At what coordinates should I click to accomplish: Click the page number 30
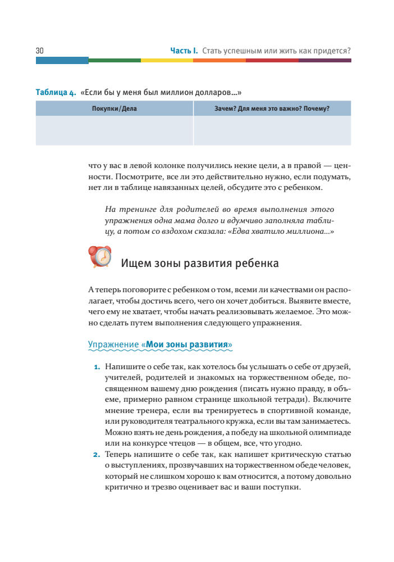coord(40,51)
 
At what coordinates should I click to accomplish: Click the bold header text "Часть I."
coord(184,51)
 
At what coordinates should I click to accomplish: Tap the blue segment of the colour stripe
coord(62,60)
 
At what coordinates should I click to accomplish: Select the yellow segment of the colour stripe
coord(167,60)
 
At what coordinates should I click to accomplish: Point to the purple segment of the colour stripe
coord(324,60)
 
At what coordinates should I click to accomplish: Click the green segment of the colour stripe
coord(114,60)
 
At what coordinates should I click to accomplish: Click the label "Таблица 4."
coord(56,92)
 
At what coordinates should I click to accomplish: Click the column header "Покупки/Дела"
coord(114,108)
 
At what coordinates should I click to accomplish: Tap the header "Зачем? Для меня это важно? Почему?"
coord(272,108)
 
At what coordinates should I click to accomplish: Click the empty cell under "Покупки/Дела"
coord(114,130)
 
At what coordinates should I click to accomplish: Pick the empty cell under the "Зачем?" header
coord(272,130)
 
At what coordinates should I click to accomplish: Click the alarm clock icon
coord(100,257)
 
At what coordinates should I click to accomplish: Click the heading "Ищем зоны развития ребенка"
coord(200,263)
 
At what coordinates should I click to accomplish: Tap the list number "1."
coord(97,368)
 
